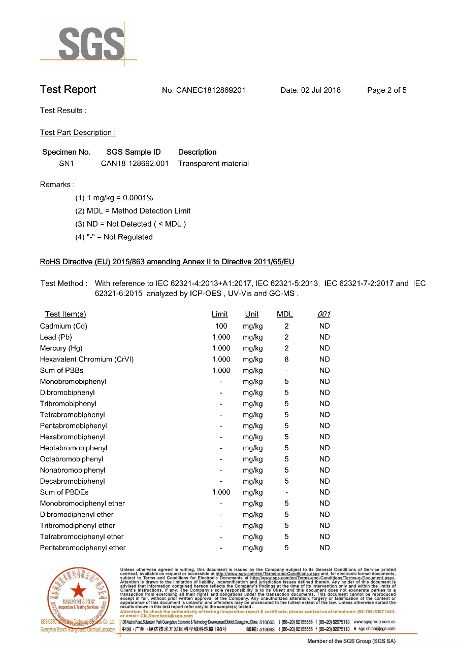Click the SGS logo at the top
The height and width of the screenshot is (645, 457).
click(91, 44)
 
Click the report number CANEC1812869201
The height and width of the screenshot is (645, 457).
click(211, 90)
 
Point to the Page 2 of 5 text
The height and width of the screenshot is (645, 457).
click(386, 90)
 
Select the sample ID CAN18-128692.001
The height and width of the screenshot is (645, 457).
click(135, 163)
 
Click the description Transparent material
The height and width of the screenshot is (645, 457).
click(213, 163)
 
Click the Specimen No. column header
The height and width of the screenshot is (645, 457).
click(66, 152)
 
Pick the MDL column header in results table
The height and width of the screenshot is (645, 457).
click(284, 314)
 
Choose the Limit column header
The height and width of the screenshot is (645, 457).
click(219, 314)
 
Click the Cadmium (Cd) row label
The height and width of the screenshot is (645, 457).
click(63, 326)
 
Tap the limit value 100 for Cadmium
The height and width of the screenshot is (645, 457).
click(221, 326)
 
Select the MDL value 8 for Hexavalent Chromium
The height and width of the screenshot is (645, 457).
click(286, 360)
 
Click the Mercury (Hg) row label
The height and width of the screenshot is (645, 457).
click(61, 348)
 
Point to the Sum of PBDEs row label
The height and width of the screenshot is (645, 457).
click(64, 492)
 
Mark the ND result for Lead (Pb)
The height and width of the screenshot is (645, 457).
click(324, 337)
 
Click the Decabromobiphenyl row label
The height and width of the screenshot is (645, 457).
click(72, 481)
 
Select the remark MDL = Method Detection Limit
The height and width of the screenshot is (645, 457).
click(133, 211)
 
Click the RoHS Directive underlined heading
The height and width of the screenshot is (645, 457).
click(167, 262)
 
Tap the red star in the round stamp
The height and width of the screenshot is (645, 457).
click(78, 590)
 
